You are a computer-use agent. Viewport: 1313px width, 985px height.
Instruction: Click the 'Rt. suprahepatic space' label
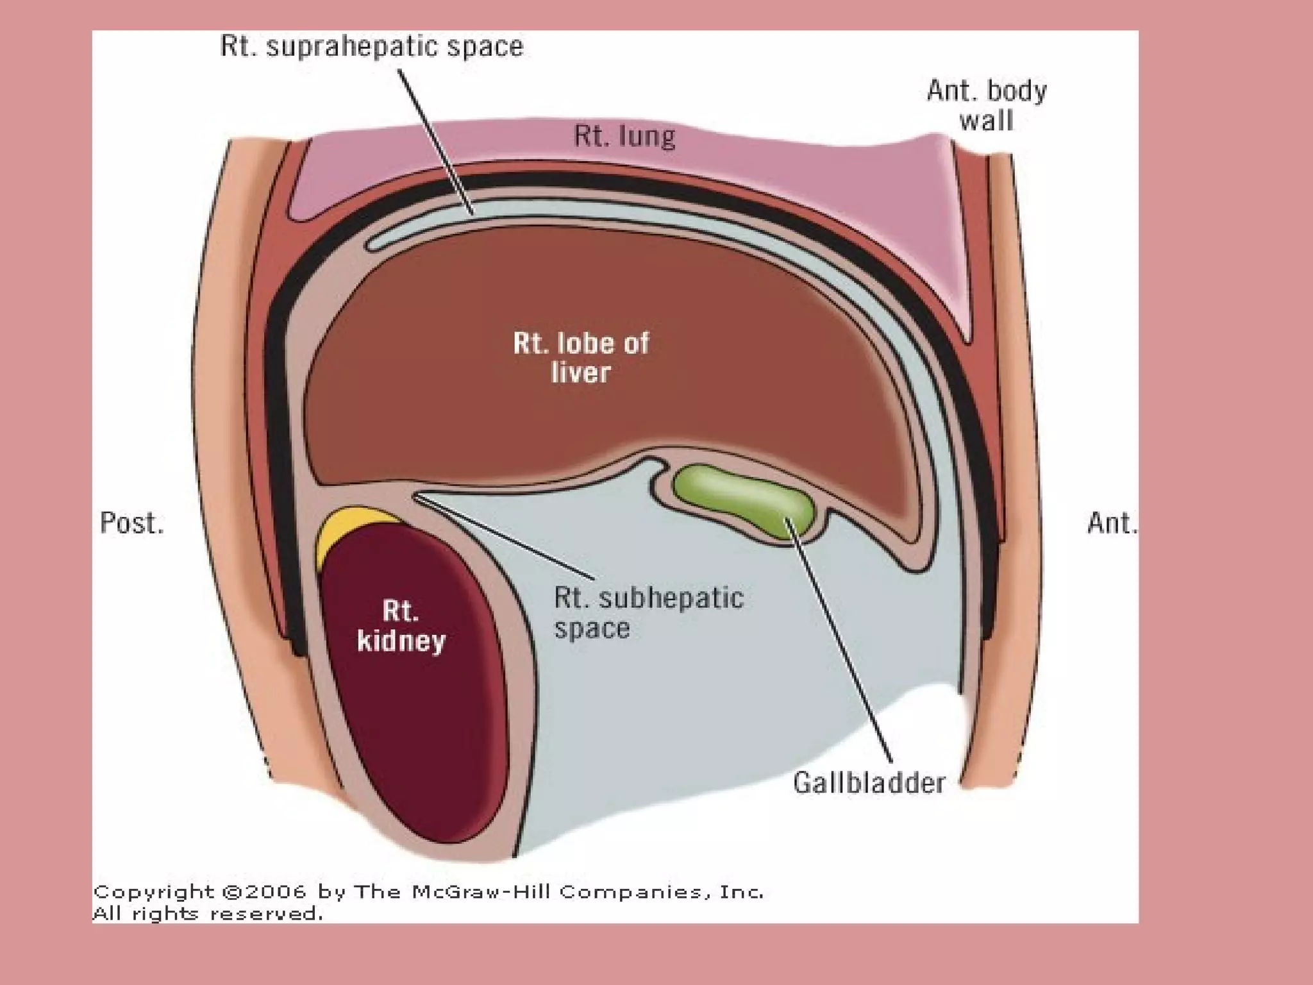click(x=372, y=47)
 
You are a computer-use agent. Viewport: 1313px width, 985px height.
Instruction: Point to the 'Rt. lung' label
click(x=624, y=137)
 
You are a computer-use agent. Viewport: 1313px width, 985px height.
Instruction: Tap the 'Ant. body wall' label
click(x=986, y=105)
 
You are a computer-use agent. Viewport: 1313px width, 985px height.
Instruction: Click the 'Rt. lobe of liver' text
click(x=581, y=358)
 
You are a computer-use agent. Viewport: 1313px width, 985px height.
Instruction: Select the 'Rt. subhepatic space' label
click(x=648, y=612)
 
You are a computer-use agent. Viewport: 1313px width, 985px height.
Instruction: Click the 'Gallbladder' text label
click(x=869, y=783)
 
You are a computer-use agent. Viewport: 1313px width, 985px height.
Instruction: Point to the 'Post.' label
click(x=132, y=523)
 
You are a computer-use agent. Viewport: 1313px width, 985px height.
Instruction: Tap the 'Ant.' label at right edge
click(x=1112, y=523)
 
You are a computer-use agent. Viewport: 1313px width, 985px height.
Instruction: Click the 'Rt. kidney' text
click(x=401, y=625)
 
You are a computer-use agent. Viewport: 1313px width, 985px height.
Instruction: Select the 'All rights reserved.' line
click(x=208, y=913)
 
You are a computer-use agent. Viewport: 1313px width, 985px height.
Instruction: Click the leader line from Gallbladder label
click(x=840, y=641)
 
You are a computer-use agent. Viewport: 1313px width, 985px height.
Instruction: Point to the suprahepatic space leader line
click(x=436, y=141)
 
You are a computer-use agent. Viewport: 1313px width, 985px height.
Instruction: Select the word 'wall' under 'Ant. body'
click(x=986, y=121)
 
